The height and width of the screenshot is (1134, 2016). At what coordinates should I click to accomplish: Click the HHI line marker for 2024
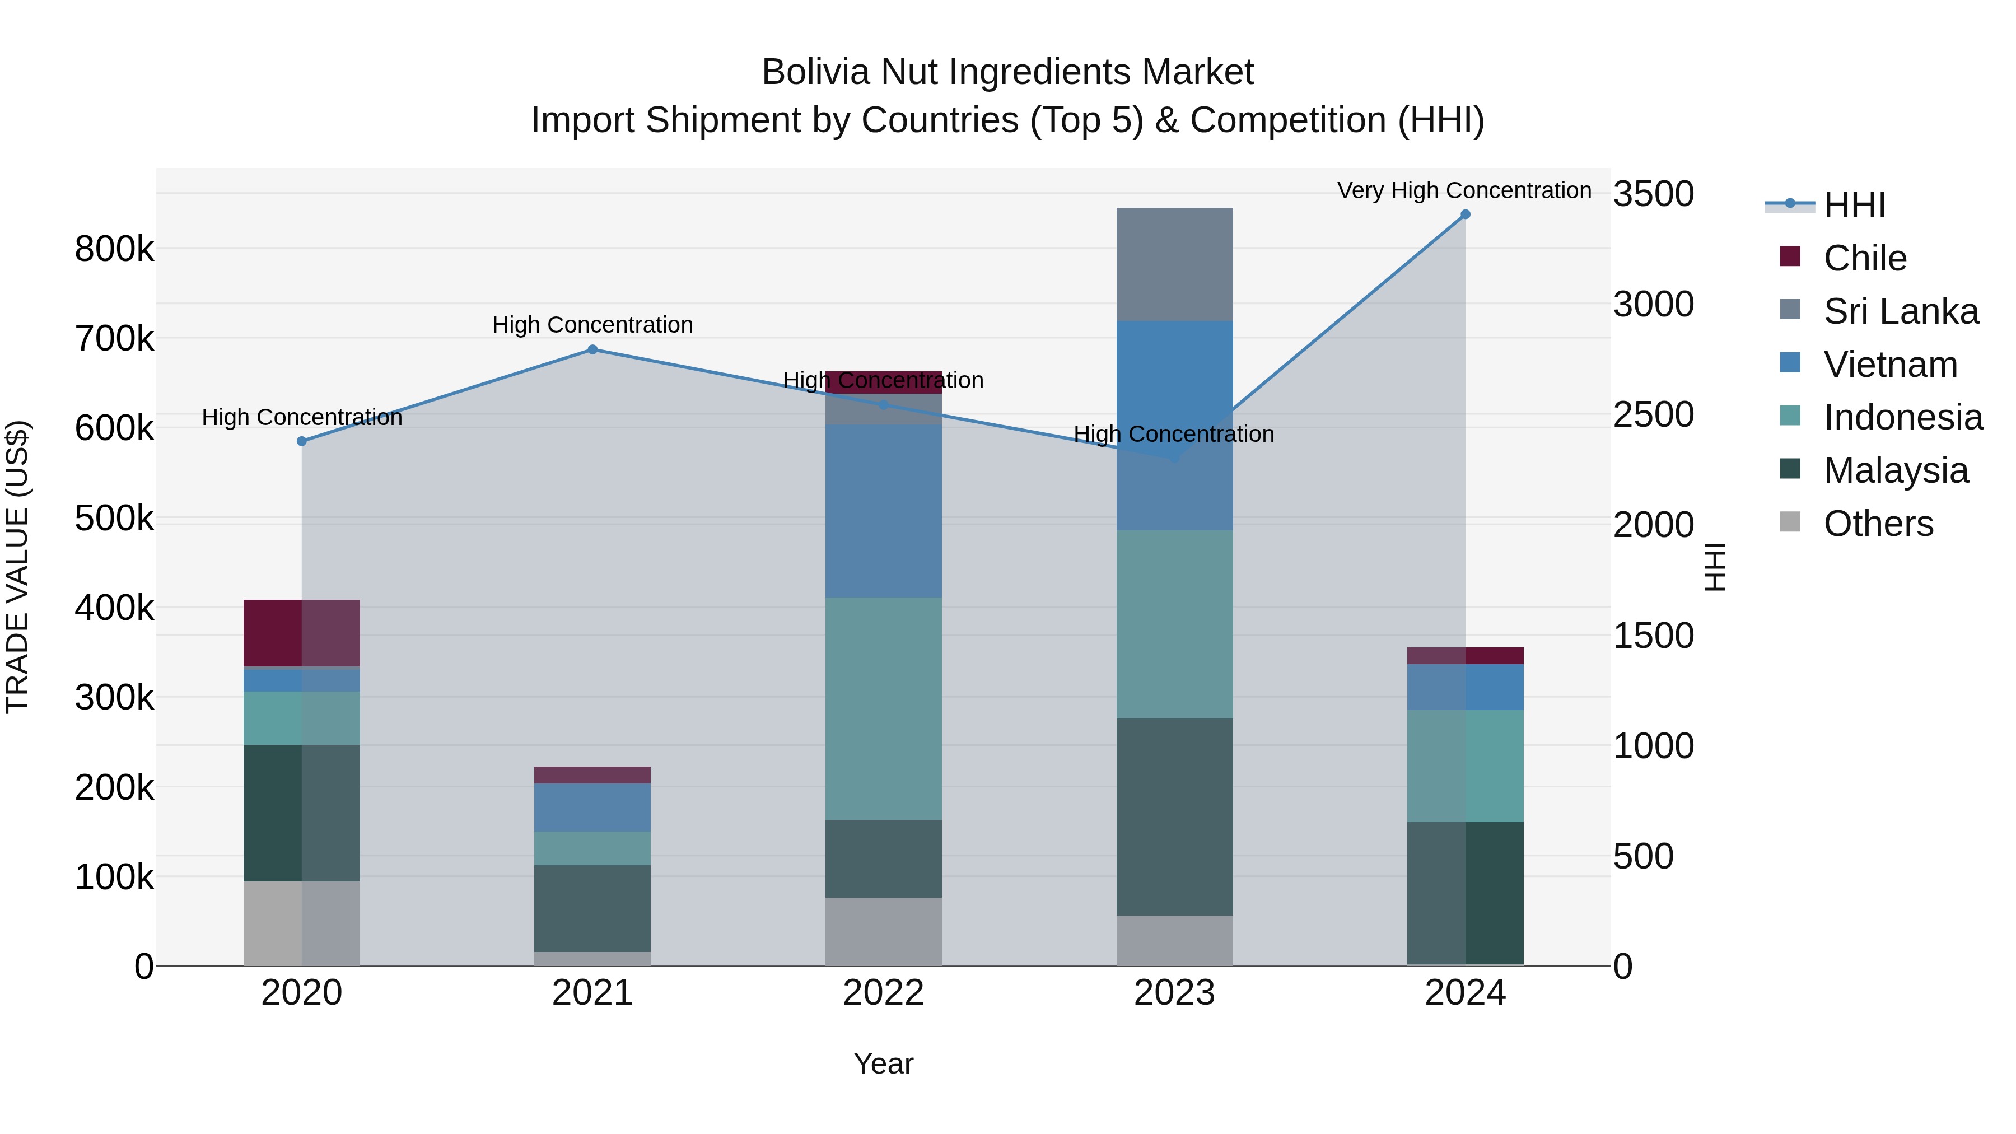point(1465,214)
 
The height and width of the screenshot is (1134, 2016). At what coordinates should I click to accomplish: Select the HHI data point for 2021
point(592,350)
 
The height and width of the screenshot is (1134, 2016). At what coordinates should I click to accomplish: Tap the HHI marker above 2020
point(302,441)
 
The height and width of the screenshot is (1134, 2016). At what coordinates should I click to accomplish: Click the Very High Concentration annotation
point(1463,191)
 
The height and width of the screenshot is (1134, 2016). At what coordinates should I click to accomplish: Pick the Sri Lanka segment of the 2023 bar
point(1174,264)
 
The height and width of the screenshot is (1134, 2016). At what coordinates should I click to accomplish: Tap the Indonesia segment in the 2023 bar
point(1174,624)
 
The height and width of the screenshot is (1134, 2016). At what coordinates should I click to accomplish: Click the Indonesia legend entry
point(1902,417)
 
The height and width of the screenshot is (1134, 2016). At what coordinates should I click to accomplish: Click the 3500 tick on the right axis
point(1653,194)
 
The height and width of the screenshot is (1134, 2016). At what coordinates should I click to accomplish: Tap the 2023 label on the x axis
point(1174,993)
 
